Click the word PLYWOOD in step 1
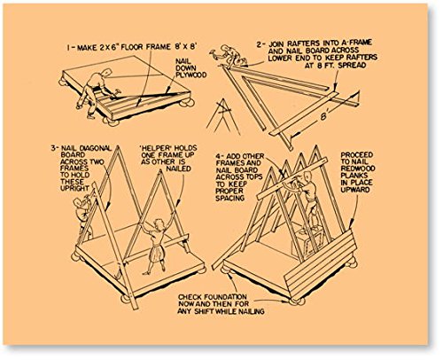click(x=190, y=75)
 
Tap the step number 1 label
click(x=68, y=48)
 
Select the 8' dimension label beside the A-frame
click(x=323, y=116)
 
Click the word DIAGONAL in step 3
click(x=96, y=148)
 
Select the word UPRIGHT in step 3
click(x=74, y=189)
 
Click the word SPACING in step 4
click(x=230, y=198)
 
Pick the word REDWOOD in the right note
click(x=358, y=168)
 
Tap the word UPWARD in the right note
click(x=355, y=190)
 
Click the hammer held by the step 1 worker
click(x=117, y=91)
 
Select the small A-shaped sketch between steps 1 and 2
click(x=222, y=115)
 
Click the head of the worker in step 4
click(x=307, y=176)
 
